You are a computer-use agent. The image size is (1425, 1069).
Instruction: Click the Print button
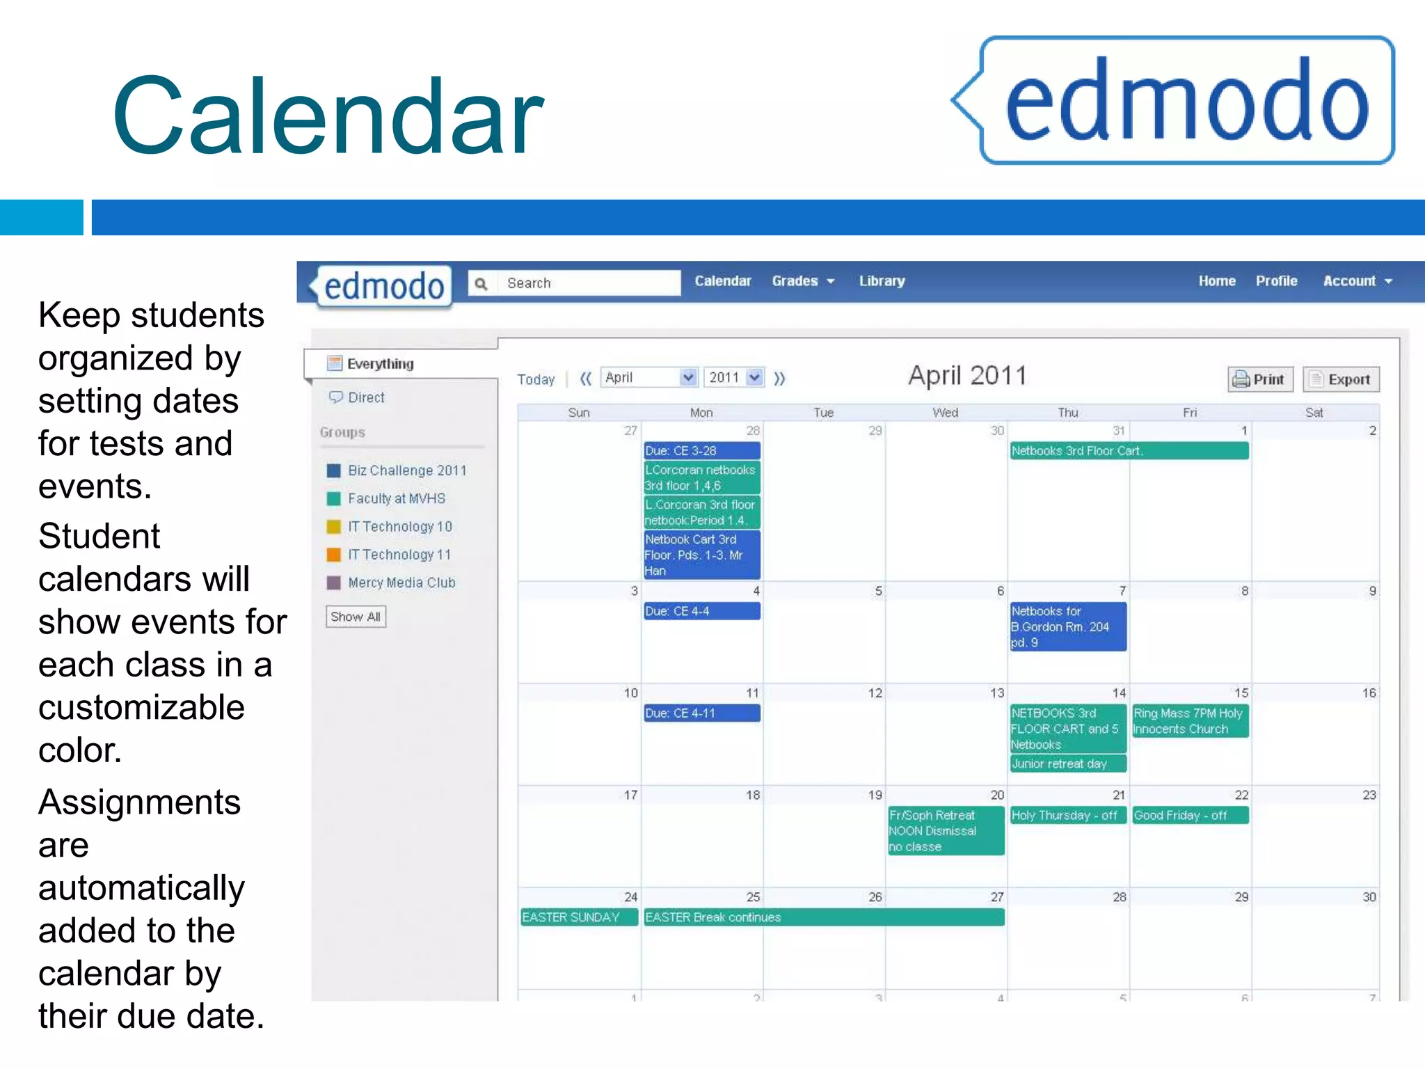pyautogui.click(x=1260, y=379)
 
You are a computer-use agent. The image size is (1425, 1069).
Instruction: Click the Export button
pyautogui.click(x=1341, y=379)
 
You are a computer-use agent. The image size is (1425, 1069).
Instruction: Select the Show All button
pyautogui.click(x=356, y=617)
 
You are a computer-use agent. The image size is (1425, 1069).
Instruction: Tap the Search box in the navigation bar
pyautogui.click(x=584, y=283)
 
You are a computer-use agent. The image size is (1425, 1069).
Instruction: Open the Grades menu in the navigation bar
pyautogui.click(x=802, y=281)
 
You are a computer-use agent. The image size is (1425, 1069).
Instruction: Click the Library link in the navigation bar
pyautogui.click(x=882, y=281)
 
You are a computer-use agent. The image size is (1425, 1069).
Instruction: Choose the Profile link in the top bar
pyautogui.click(x=1276, y=281)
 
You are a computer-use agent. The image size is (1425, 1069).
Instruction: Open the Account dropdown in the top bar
pyautogui.click(x=1357, y=281)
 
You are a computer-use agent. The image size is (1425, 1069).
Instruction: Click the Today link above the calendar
pyautogui.click(x=536, y=379)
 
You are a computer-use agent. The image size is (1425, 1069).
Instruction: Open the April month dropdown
pyautogui.click(x=648, y=377)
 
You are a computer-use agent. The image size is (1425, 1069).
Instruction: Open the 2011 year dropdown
pyautogui.click(x=734, y=377)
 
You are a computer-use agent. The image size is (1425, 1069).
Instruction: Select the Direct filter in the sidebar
pyautogui.click(x=366, y=397)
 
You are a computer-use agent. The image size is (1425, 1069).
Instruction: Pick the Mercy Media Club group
pyautogui.click(x=401, y=583)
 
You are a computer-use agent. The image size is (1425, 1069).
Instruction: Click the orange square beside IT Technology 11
pyautogui.click(x=334, y=555)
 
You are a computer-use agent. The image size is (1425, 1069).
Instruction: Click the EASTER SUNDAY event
pyautogui.click(x=578, y=917)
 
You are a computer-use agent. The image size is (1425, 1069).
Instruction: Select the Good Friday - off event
pyautogui.click(x=1189, y=815)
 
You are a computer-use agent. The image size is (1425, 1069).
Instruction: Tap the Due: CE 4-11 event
pyautogui.click(x=701, y=713)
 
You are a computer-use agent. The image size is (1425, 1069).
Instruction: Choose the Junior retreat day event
pyautogui.click(x=1067, y=764)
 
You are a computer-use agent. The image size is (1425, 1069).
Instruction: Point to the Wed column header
pyautogui.click(x=945, y=413)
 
